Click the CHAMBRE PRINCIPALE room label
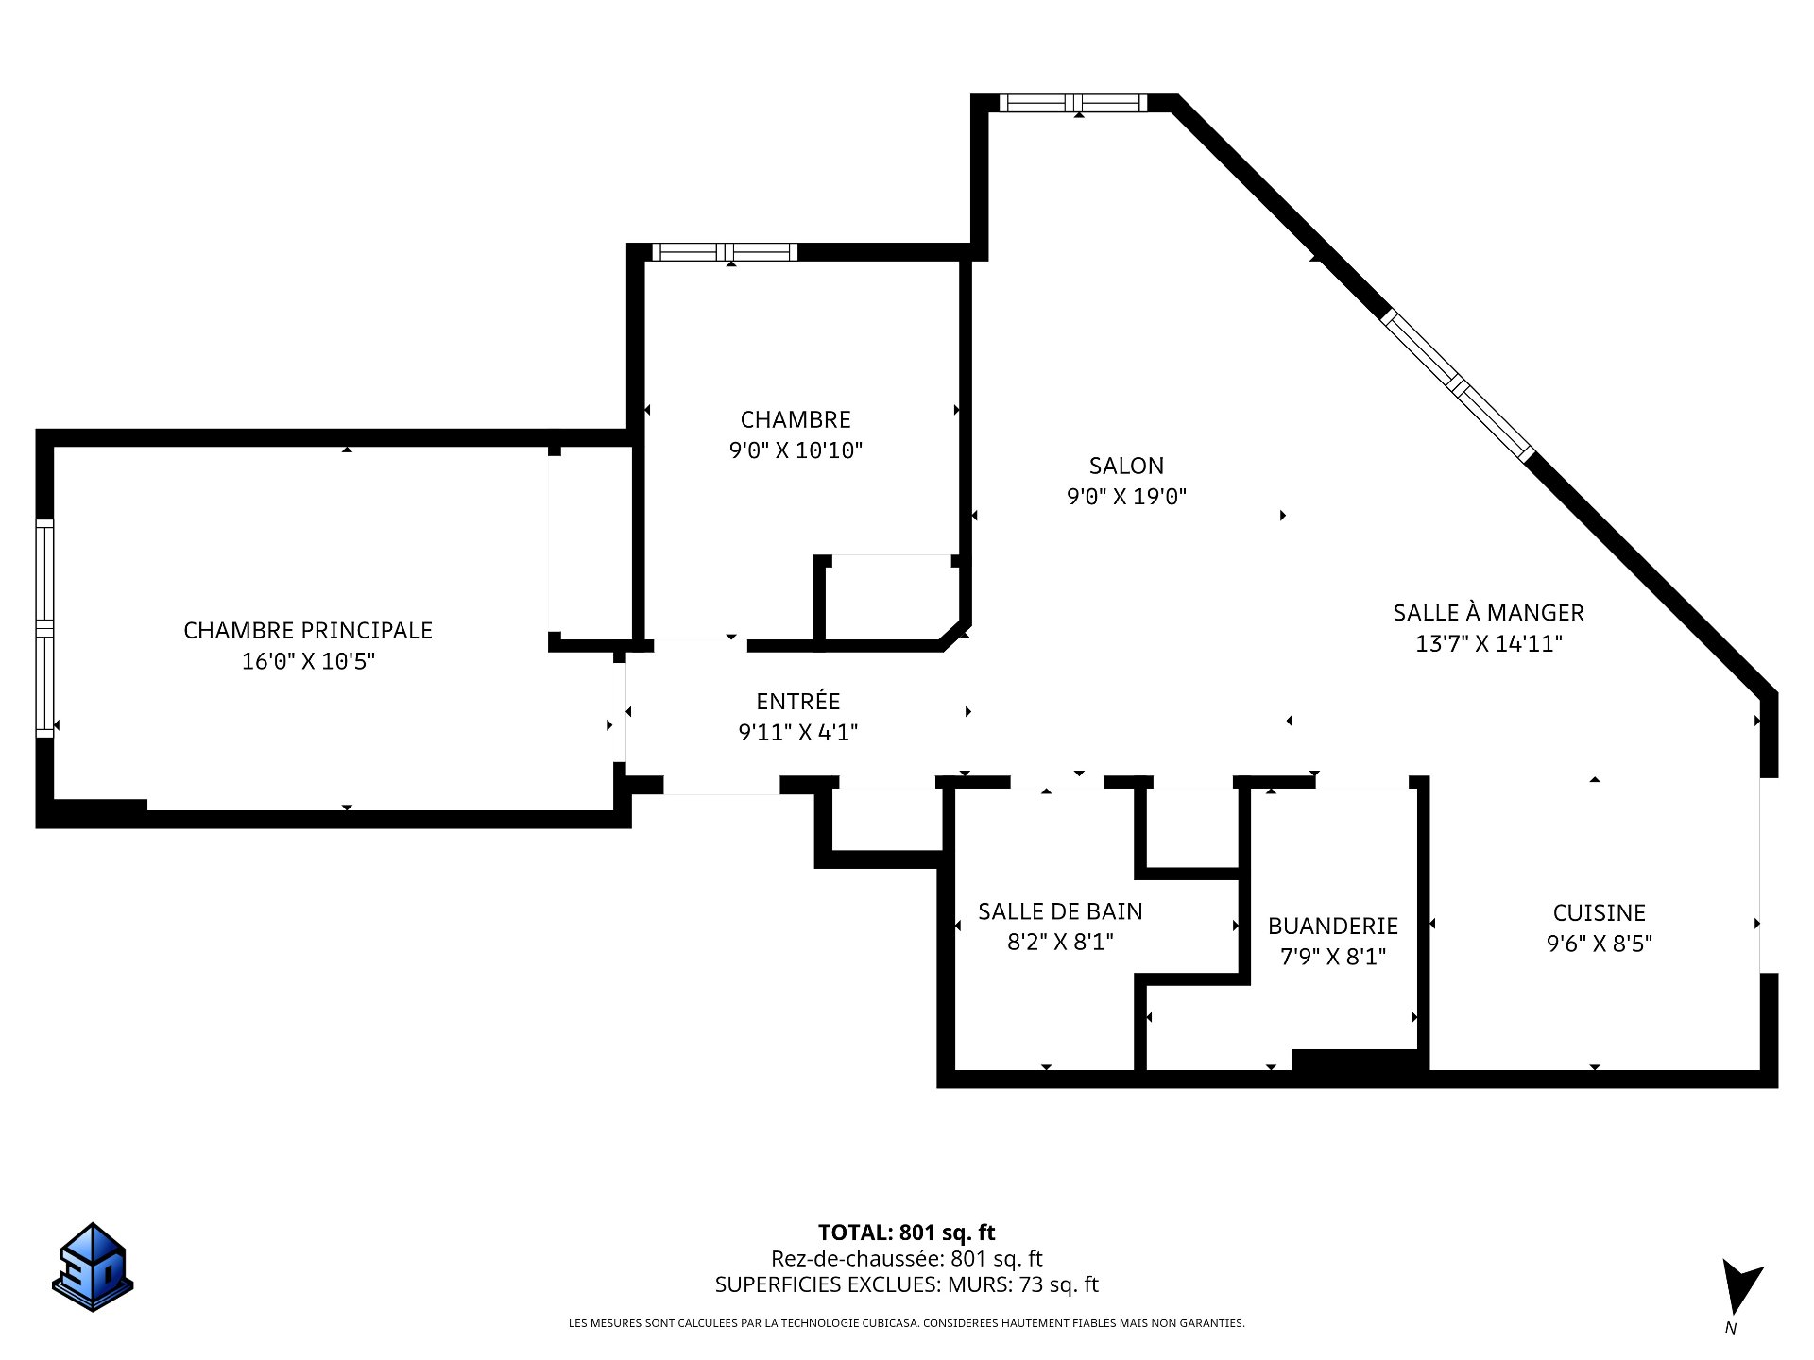[308, 630]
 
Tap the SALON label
[1126, 466]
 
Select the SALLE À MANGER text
[1488, 612]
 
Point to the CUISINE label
[1600, 912]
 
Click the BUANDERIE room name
[1333, 926]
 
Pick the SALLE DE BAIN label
[1060, 910]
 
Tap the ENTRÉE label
[798, 701]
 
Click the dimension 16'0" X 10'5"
[308, 661]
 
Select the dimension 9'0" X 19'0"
[1126, 497]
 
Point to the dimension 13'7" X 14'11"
[1488, 644]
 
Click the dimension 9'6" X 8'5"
[1600, 943]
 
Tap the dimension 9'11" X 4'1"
[798, 732]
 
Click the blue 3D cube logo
[93, 1267]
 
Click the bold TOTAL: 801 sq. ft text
[907, 1232]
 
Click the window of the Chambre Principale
[44, 628]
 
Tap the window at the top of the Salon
[1073, 103]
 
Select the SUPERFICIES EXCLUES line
[907, 1284]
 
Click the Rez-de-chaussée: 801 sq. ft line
[907, 1258]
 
